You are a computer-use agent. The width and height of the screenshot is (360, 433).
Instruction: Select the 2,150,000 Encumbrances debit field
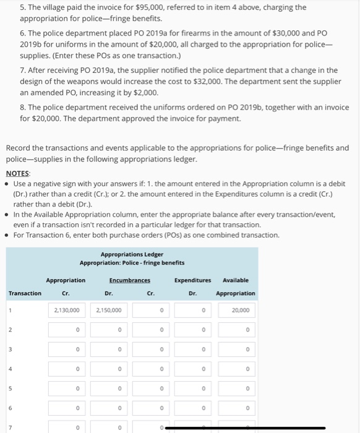109,310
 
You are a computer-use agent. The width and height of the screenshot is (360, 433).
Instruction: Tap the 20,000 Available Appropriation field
236,310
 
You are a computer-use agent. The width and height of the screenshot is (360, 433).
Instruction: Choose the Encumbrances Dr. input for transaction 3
109,349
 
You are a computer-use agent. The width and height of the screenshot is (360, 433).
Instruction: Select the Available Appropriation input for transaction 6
236,408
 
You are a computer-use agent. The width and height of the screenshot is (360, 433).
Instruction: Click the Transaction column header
25,293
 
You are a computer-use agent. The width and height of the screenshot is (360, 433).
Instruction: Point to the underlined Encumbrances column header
130,280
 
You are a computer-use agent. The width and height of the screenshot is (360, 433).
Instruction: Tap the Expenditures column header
193,280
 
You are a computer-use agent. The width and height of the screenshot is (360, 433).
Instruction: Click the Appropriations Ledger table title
132,254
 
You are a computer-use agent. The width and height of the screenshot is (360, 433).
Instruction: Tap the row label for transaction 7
9,427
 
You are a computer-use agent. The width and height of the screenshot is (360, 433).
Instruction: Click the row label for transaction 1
9,310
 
